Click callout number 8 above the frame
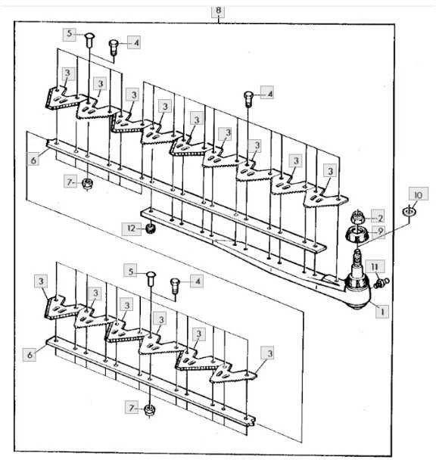218,11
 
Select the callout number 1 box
382,312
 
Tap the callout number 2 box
377,217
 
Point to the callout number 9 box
378,232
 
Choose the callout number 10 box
419,194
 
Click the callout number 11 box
375,267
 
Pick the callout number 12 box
131,228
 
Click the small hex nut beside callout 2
357,217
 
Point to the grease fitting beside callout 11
381,283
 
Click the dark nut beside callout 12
151,228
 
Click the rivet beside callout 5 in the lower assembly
151,278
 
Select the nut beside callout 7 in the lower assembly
150,409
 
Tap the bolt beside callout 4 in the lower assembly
175,285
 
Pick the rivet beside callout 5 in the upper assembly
89,40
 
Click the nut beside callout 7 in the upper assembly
87,183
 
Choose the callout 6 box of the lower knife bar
30,355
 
